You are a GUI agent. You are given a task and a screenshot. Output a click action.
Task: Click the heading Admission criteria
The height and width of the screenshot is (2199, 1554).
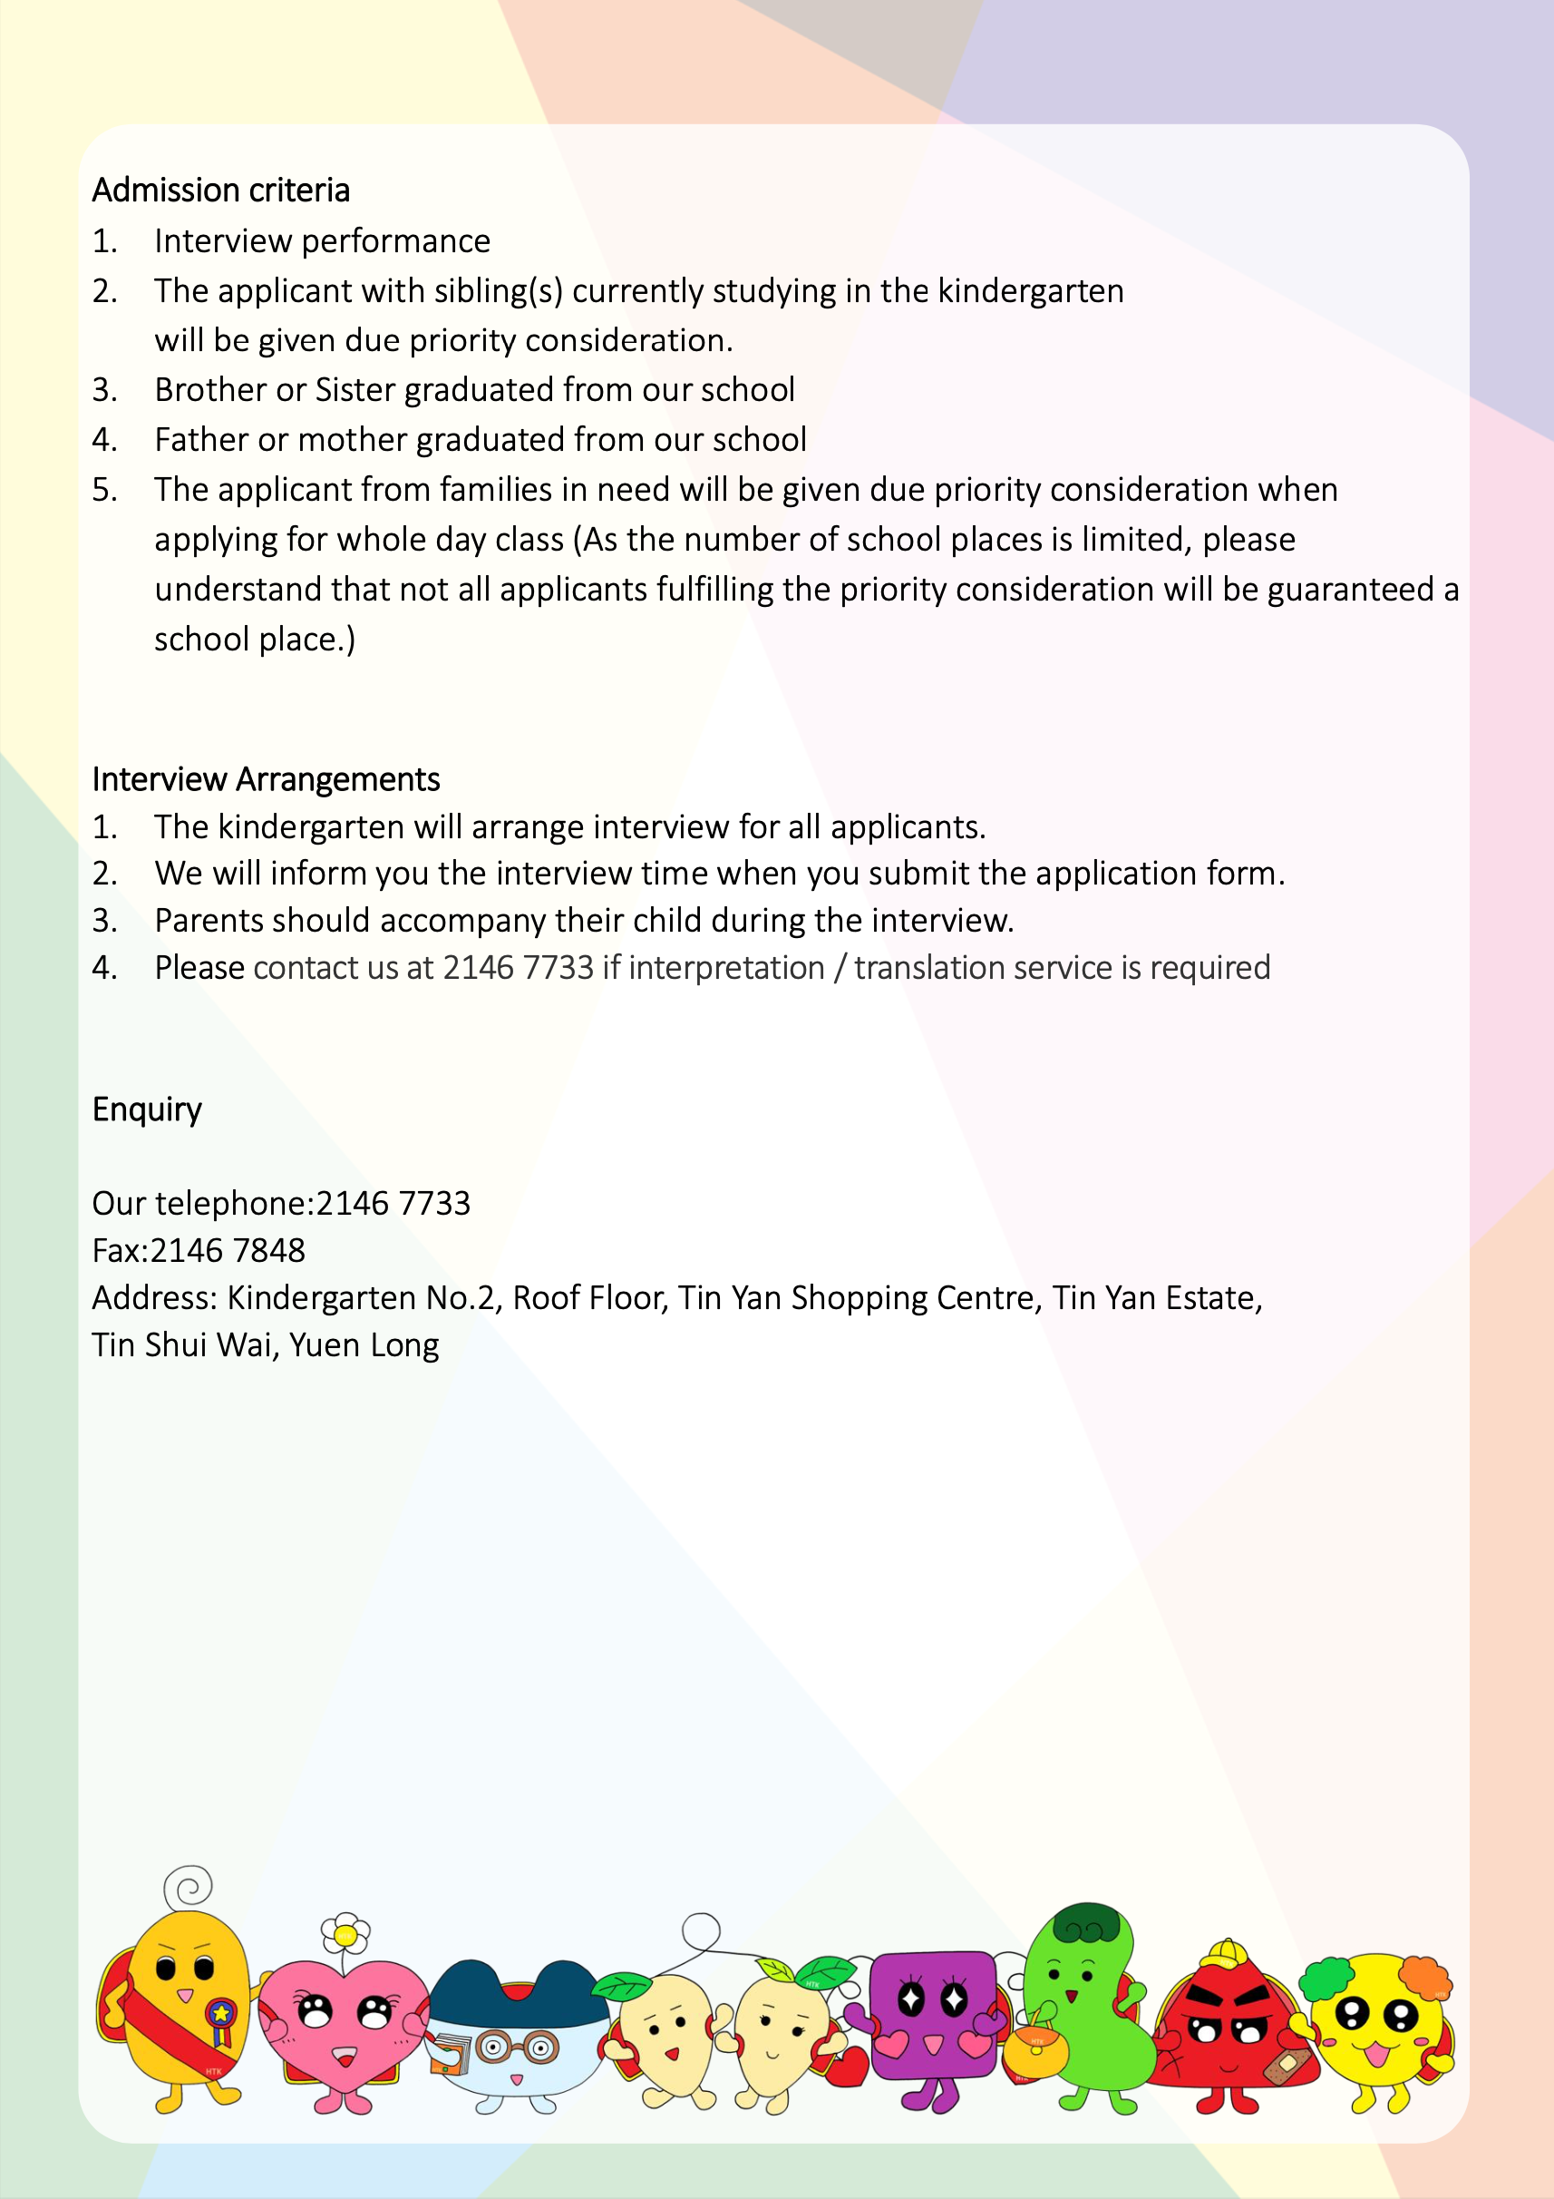(220, 191)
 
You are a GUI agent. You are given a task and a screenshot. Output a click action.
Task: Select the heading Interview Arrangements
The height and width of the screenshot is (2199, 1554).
(266, 779)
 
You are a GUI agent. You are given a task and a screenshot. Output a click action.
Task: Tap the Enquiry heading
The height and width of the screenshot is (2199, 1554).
(147, 1109)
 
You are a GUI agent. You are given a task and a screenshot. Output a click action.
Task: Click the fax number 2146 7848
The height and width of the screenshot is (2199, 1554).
(228, 1251)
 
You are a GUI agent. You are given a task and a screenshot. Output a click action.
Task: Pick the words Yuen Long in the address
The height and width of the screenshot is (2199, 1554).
(364, 1344)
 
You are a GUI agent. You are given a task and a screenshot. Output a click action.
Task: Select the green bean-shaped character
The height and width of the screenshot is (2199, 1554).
(1087, 2002)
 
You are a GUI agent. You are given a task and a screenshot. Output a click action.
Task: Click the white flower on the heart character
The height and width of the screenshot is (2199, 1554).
(345, 1936)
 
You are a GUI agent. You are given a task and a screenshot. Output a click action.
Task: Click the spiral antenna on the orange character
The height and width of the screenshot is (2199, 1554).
(188, 1886)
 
